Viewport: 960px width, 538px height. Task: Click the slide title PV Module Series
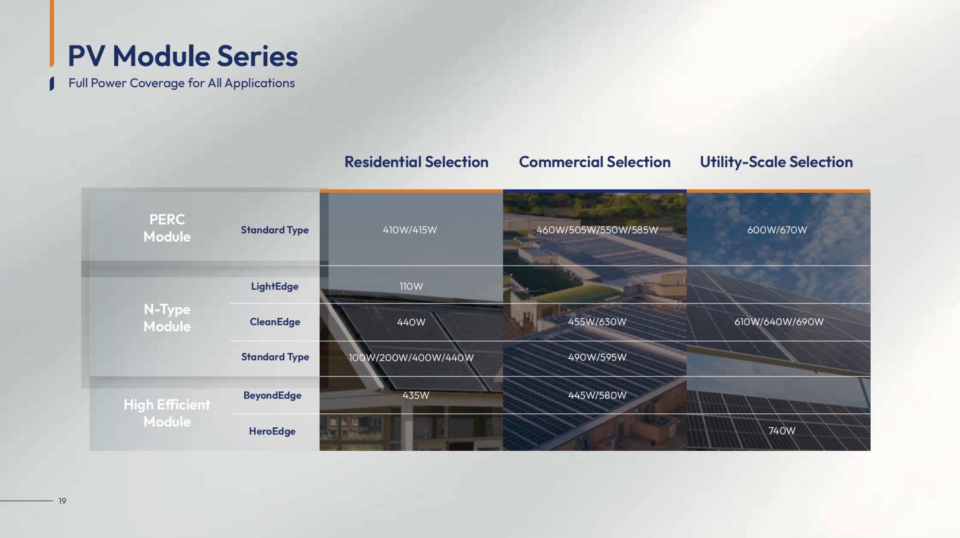click(x=183, y=56)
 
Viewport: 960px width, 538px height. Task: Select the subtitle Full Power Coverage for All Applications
click(x=181, y=83)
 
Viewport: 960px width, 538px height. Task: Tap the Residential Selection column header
click(x=417, y=162)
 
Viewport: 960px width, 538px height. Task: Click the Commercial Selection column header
click(x=595, y=162)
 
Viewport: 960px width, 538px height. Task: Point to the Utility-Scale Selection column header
click(x=776, y=162)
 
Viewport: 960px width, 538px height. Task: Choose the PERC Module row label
click(x=167, y=228)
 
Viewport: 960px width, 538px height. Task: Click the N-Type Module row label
click(x=167, y=317)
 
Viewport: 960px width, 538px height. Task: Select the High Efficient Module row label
click(x=167, y=413)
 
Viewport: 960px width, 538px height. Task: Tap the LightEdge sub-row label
click(x=275, y=286)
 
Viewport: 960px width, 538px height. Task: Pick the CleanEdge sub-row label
click(x=275, y=322)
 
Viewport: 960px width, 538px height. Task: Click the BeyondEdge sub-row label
click(x=272, y=396)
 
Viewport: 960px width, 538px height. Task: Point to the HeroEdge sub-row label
click(x=272, y=431)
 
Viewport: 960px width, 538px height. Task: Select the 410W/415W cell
click(x=410, y=230)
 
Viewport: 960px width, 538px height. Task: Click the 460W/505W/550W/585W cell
click(x=597, y=230)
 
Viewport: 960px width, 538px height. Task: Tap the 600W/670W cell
click(x=777, y=230)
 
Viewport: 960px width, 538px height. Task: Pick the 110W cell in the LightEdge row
click(x=411, y=286)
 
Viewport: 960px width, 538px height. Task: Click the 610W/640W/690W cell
click(x=779, y=322)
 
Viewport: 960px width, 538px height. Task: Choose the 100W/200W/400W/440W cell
click(x=411, y=358)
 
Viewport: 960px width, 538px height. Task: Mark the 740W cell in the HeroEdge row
click(x=782, y=431)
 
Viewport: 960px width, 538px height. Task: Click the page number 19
click(x=62, y=501)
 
